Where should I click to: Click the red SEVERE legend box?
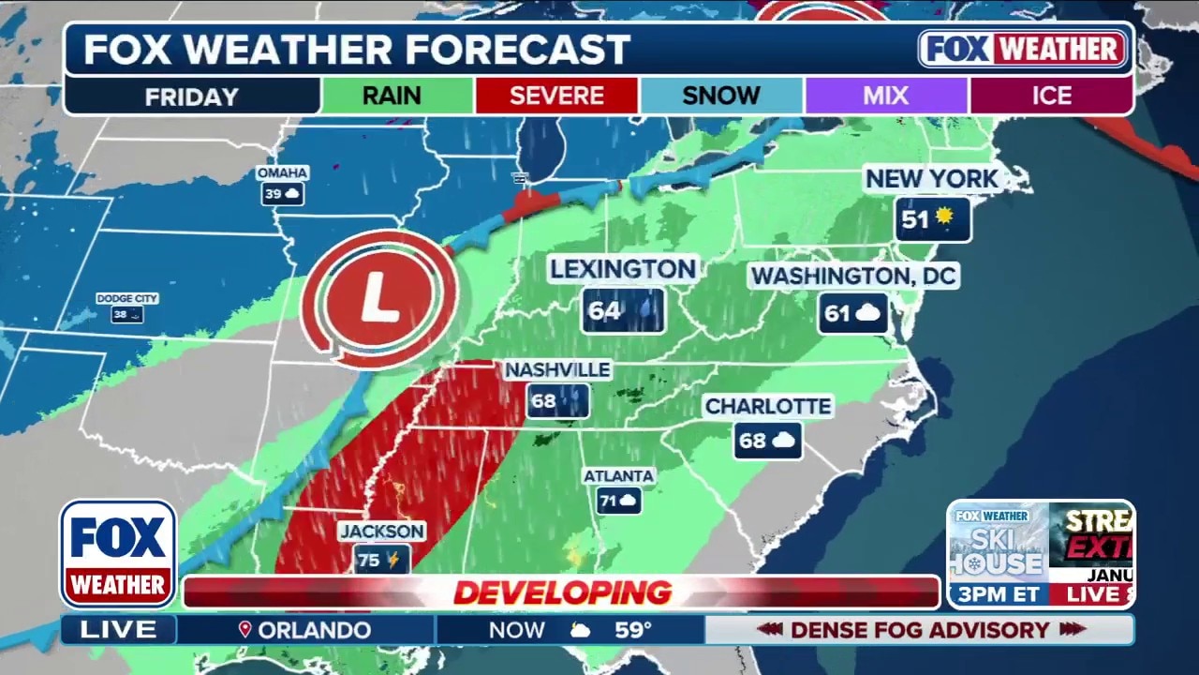click(x=556, y=96)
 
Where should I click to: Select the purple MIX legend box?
click(x=885, y=96)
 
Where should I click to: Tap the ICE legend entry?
click(x=1051, y=96)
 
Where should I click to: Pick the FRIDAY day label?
click(x=192, y=96)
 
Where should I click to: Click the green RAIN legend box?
click(x=392, y=96)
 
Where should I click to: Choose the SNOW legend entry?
click(x=720, y=96)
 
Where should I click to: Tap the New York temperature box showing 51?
click(x=931, y=219)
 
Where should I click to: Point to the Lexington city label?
click(x=623, y=270)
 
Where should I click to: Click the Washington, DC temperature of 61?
click(x=853, y=313)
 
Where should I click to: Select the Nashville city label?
click(x=558, y=370)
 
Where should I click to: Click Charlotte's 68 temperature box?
click(x=767, y=440)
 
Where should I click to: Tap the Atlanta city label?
click(x=618, y=476)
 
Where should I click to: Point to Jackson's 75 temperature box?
click(x=381, y=560)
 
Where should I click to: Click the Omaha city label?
click(x=282, y=173)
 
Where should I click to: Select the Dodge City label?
click(x=126, y=298)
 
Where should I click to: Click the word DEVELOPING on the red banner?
click(x=562, y=592)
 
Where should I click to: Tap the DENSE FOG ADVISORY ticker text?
click(x=921, y=630)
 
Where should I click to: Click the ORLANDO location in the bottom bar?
click(x=314, y=630)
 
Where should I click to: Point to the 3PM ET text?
click(x=995, y=594)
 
